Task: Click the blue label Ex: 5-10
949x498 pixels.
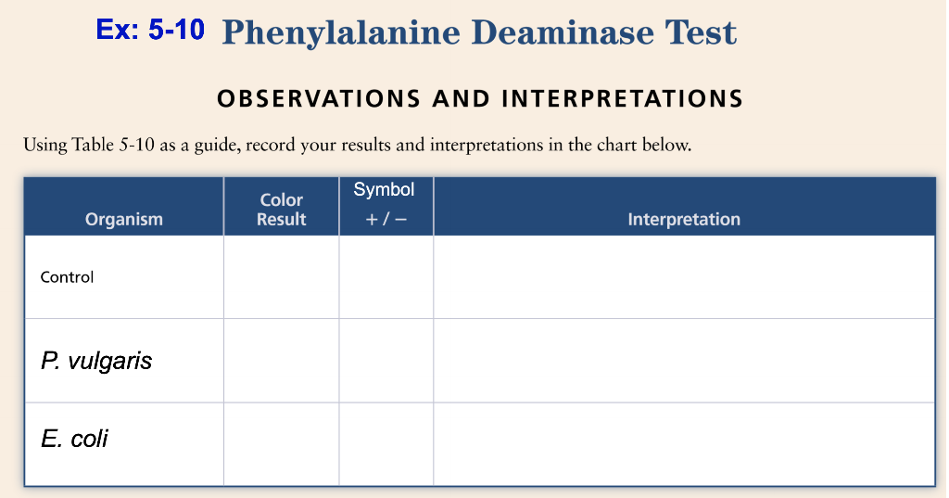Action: click(149, 30)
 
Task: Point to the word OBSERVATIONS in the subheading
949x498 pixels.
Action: click(307, 98)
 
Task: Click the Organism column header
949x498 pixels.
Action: click(123, 219)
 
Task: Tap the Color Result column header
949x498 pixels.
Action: click(282, 210)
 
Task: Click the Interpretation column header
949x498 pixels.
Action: click(684, 219)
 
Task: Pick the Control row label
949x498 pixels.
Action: click(67, 276)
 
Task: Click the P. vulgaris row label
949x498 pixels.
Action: click(96, 361)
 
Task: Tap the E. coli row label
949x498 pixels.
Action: click(74, 438)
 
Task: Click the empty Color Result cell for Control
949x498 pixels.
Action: click(282, 276)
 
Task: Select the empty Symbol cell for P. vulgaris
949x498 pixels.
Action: click(386, 361)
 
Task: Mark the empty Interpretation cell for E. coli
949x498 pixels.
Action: click(684, 443)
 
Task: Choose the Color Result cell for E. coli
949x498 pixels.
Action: click(282, 443)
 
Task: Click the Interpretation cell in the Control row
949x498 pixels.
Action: click(684, 276)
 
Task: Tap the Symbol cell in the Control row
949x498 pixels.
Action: click(386, 276)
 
